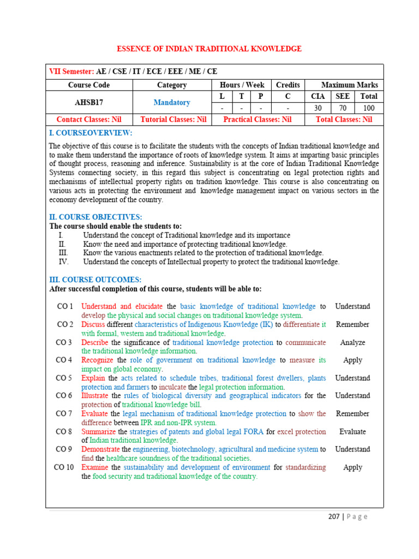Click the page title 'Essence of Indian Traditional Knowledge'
(209, 49)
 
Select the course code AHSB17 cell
(88, 102)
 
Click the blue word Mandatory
(172, 102)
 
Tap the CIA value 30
(318, 108)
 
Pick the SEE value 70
(342, 108)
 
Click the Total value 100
(369, 108)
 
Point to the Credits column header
(288, 85)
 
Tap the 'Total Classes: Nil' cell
(344, 119)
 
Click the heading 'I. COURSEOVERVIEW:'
(91, 133)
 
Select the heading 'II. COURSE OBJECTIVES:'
(95, 217)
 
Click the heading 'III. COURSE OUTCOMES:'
(95, 279)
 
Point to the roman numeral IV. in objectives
(63, 262)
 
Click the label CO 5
(64, 378)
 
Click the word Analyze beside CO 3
(352, 342)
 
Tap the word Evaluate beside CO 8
(352, 431)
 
